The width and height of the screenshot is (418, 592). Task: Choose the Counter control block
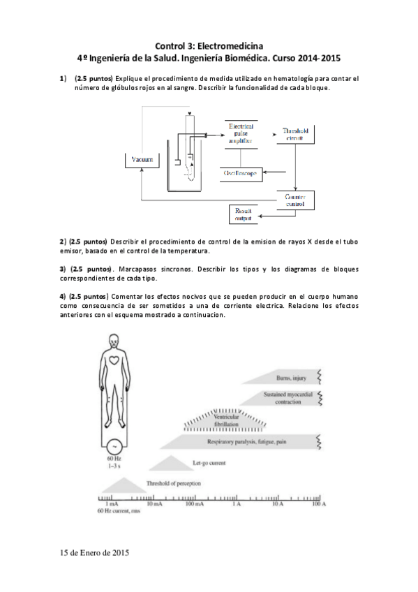tap(296, 201)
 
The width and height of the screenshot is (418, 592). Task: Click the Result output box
tap(244, 214)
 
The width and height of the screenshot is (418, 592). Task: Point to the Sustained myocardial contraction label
tap(283, 398)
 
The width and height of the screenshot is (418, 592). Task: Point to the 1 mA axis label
tap(110, 503)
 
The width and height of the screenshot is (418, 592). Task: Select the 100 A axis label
tap(319, 503)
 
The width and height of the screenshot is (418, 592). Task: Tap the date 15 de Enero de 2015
tap(95, 553)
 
